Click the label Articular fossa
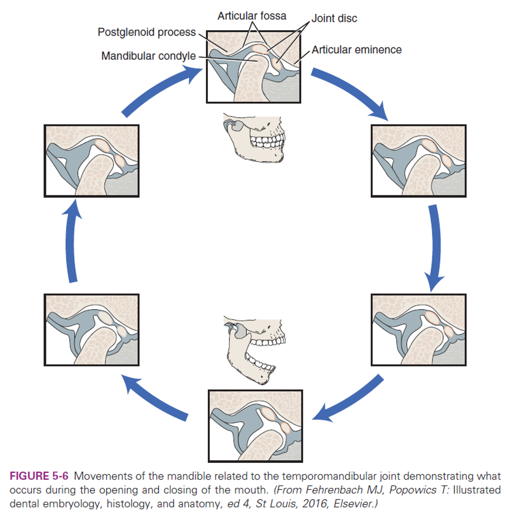pos(252,16)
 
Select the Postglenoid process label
pos(147,32)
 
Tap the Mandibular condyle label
pos(148,56)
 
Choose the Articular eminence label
pos(357,50)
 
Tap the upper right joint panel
pos(418,161)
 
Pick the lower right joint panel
pos(418,330)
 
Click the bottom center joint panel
pos(256,425)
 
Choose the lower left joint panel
pos(91,330)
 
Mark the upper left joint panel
pos(91,161)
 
